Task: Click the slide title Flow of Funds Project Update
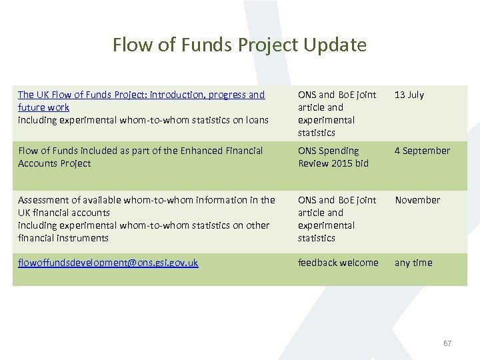click(239, 45)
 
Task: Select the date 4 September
click(422, 151)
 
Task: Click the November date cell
click(417, 200)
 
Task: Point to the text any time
click(413, 263)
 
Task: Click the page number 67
click(447, 343)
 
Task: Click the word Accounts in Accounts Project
click(37, 163)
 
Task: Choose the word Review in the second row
click(314, 163)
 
